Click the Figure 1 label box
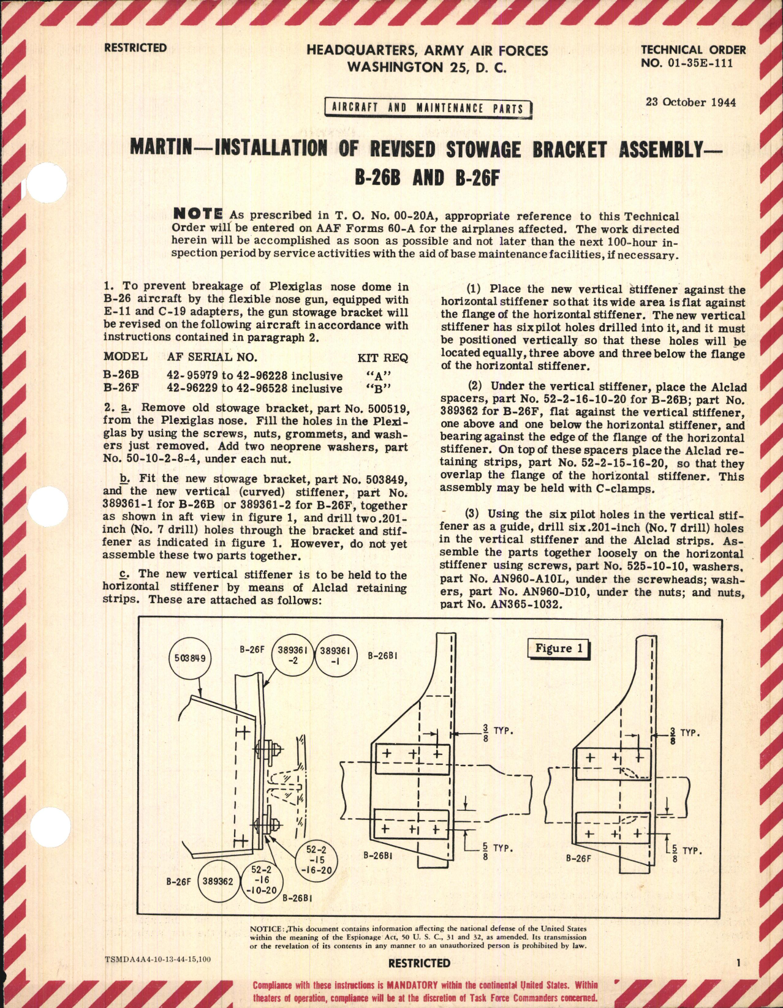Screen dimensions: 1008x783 pos(558,649)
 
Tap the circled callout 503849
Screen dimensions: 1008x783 pos(189,658)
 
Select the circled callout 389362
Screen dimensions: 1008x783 pos(218,881)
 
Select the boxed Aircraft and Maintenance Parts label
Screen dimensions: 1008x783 pos(428,108)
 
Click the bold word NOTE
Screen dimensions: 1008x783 pos(197,214)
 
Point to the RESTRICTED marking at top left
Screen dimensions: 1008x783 pos(135,48)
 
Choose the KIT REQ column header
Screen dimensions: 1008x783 pos(382,358)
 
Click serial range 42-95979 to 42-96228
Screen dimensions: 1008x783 pos(254,375)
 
